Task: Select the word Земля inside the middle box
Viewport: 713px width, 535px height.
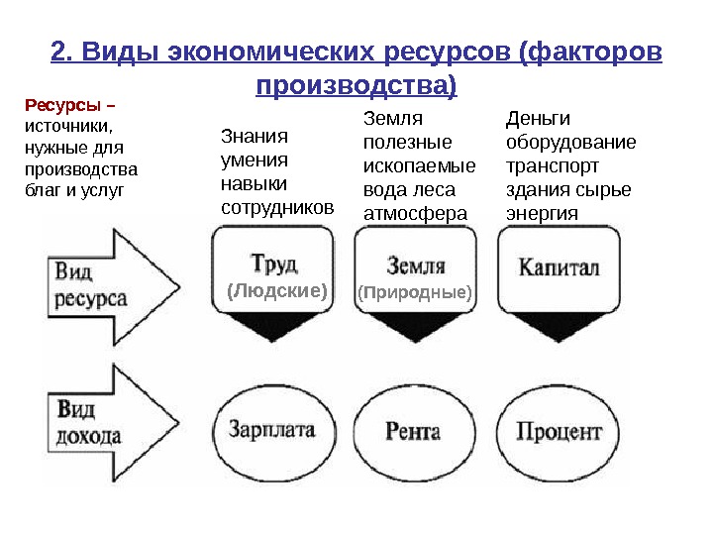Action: [x=415, y=266]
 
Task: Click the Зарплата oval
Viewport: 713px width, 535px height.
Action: [x=271, y=431]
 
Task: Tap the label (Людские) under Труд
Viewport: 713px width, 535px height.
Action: [x=276, y=291]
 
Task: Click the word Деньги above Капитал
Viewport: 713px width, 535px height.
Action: [x=533, y=119]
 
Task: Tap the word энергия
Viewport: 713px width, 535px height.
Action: [x=541, y=212]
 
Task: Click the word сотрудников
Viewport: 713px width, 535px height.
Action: [x=276, y=208]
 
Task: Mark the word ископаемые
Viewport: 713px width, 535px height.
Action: [x=420, y=165]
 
